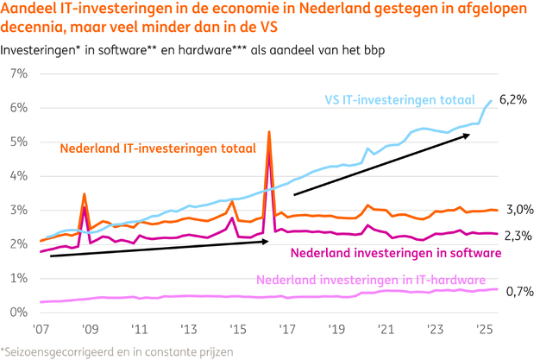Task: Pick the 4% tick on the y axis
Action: tap(17, 175)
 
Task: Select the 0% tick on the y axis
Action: tap(17, 311)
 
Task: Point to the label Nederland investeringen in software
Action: tap(395, 253)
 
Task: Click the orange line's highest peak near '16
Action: tap(270, 132)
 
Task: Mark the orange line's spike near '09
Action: tap(84, 194)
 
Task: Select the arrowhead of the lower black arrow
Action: tap(267, 242)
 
